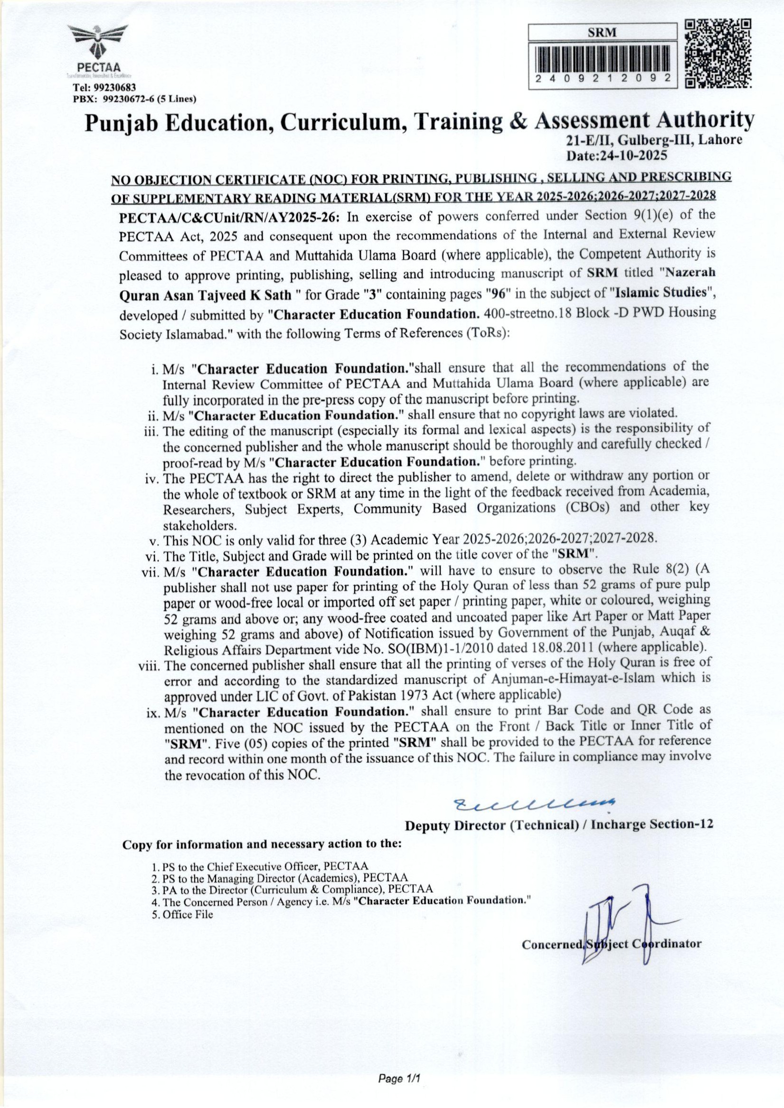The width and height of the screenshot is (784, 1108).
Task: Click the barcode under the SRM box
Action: click(x=603, y=58)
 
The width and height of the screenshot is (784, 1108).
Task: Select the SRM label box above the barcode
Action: click(x=603, y=32)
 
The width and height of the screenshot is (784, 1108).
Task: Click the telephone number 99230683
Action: click(x=114, y=88)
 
